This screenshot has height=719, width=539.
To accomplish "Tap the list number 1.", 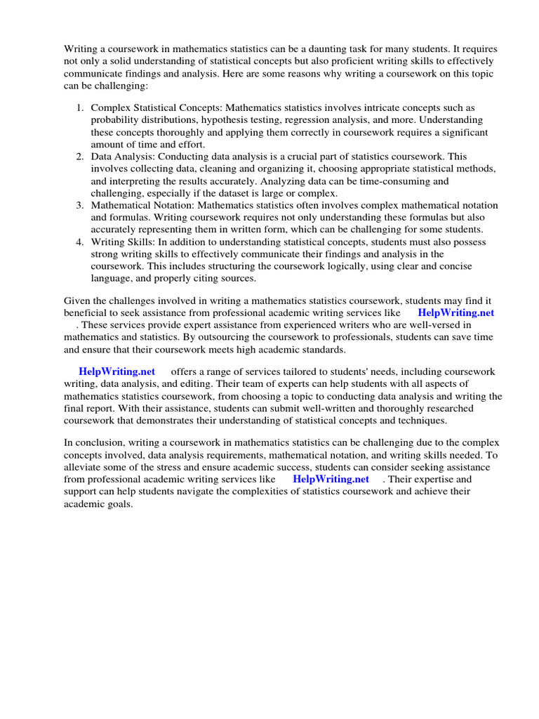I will [79, 107].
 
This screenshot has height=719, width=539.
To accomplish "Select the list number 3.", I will [79, 205].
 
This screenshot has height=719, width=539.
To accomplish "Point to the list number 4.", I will [79, 242].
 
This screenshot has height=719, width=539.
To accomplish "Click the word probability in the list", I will [115, 120].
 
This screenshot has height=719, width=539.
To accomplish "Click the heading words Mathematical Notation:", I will [142, 205].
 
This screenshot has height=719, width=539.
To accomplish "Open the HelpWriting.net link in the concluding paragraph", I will [331, 479].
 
